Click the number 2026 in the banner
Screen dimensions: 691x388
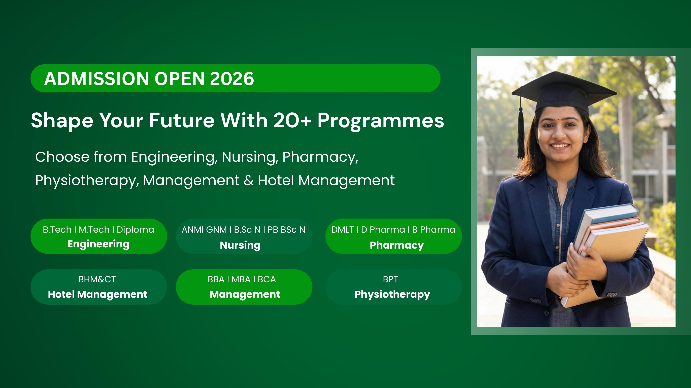click(232, 79)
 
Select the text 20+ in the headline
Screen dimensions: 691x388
click(292, 120)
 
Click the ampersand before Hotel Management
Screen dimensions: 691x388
click(249, 180)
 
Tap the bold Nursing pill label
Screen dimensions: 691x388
click(240, 245)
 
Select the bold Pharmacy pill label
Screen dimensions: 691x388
click(397, 245)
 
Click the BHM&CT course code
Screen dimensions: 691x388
click(97, 279)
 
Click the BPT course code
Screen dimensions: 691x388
click(391, 279)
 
